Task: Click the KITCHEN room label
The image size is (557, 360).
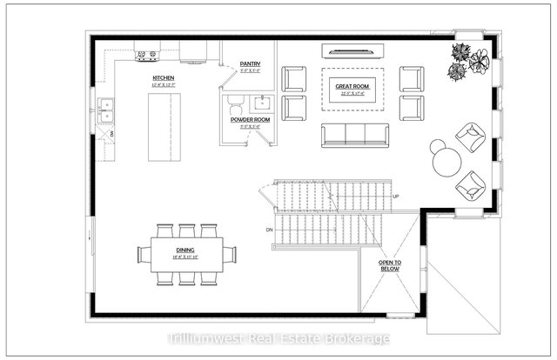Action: pyautogui.click(x=163, y=79)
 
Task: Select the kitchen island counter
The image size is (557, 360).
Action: pyautogui.click(x=163, y=125)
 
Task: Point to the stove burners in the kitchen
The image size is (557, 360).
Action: pyautogui.click(x=145, y=57)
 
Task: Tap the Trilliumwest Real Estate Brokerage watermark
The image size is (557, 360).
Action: pyautogui.click(x=278, y=338)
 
